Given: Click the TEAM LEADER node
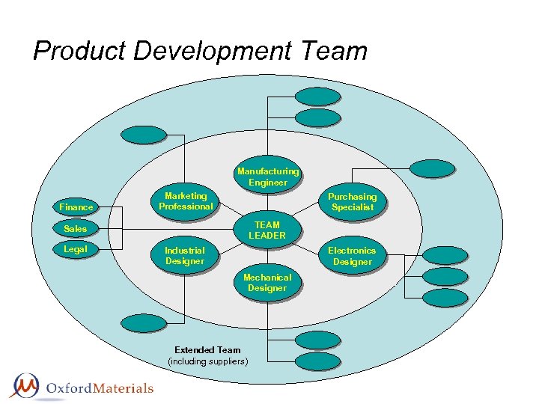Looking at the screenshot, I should [267, 230].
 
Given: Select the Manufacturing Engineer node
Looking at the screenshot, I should [268, 177].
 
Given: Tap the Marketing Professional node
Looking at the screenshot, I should [186, 201].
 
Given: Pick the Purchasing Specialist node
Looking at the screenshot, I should [352, 202].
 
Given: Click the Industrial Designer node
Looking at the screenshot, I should [184, 256].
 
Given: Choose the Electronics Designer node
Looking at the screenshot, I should [352, 256].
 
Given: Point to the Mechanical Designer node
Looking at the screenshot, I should [267, 283].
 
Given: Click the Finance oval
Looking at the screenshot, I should [76, 206].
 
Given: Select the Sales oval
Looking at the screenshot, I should [76, 228].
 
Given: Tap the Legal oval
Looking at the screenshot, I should [76, 249].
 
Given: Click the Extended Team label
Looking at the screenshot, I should [207, 349].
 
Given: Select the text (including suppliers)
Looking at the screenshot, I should [207, 361].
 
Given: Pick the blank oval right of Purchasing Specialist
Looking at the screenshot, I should [431, 169].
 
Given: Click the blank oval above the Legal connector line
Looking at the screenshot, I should [144, 135].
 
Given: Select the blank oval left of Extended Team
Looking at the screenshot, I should [143, 323].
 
